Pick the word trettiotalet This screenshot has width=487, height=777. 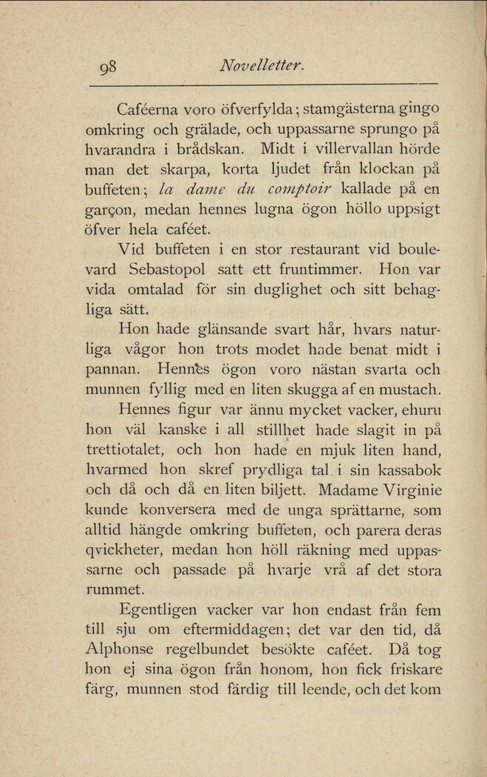coord(126,448)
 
